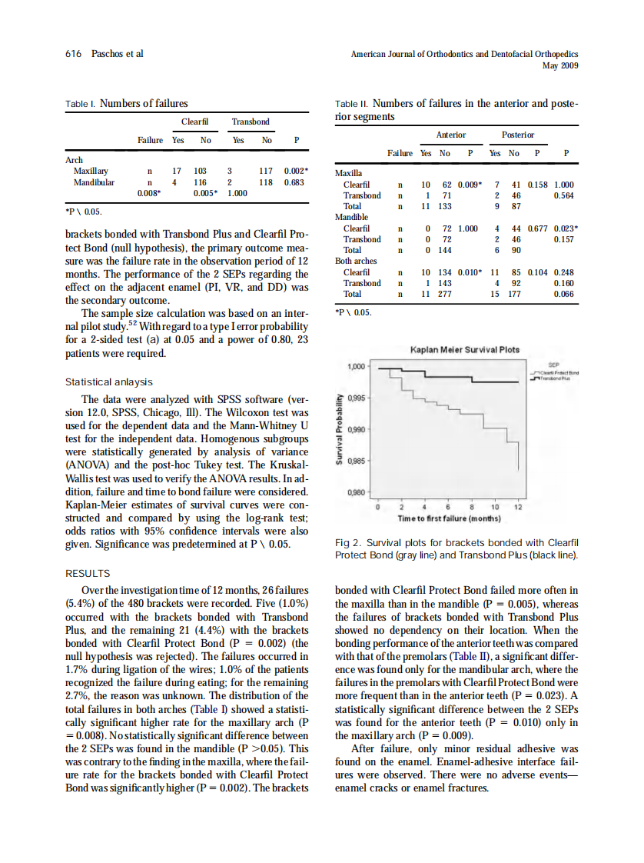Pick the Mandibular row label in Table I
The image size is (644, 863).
94,182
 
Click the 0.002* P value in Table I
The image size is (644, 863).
296,171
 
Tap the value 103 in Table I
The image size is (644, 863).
201,171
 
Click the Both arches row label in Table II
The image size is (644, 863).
357,261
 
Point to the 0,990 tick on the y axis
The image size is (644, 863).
358,430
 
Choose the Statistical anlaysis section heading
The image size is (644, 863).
108,382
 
